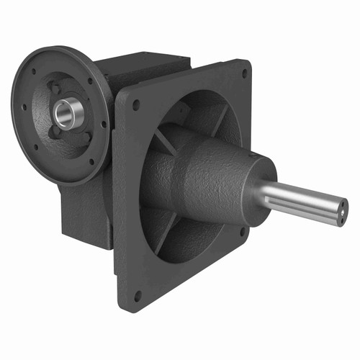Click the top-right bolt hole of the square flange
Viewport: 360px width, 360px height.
(245, 73)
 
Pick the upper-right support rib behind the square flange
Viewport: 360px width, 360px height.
(216, 117)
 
